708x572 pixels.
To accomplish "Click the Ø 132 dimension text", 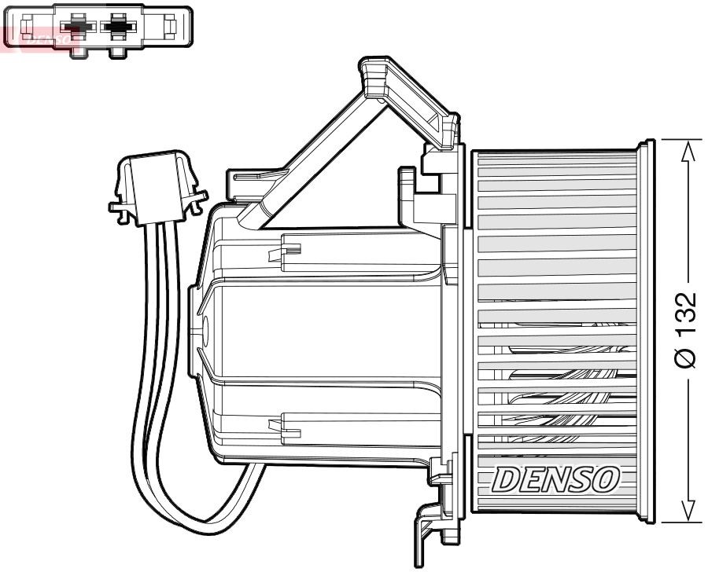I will pyautogui.click(x=685, y=330).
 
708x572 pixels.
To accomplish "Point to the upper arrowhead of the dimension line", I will pyautogui.click(x=689, y=151).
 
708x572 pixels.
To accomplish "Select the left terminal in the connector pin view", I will pyautogui.click(x=77, y=27).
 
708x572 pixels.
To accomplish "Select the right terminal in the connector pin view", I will pyautogui.click(x=118, y=27).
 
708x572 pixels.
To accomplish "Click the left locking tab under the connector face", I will pyautogui.click(x=77, y=52).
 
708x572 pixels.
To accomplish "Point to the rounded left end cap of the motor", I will pyautogui.click(x=201, y=330).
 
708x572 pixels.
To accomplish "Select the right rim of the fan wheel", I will pyautogui.click(x=647, y=330).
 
